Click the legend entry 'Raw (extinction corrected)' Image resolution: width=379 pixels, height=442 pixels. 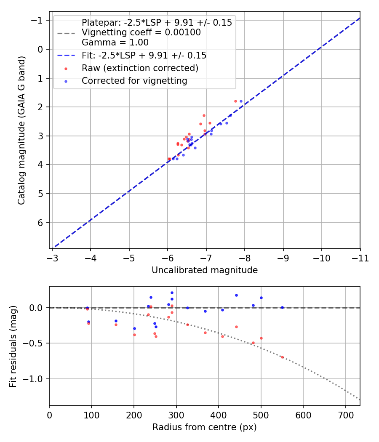[140, 68]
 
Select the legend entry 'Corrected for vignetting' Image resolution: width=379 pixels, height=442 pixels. [134, 80]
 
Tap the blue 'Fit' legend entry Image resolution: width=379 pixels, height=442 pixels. [144, 55]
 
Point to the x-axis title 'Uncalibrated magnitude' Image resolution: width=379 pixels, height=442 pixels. [205, 270]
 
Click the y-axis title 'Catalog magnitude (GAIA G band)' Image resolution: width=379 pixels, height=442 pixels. [21, 130]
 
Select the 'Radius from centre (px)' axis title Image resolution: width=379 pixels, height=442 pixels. [205, 427]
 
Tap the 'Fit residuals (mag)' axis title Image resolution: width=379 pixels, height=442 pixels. [13, 346]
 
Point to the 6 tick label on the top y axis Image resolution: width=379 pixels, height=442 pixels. [41, 223]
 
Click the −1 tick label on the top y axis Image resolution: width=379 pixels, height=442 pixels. [38, 21]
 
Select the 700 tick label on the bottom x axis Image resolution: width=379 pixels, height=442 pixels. [345, 415]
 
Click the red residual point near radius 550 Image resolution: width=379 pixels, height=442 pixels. [282, 357]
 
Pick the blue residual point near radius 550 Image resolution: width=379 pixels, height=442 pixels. [282, 308]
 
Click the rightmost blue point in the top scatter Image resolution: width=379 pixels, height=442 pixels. [241, 101]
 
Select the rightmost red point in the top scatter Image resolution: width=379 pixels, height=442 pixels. [235, 101]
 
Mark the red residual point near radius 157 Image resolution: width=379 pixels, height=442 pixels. [116, 325]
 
